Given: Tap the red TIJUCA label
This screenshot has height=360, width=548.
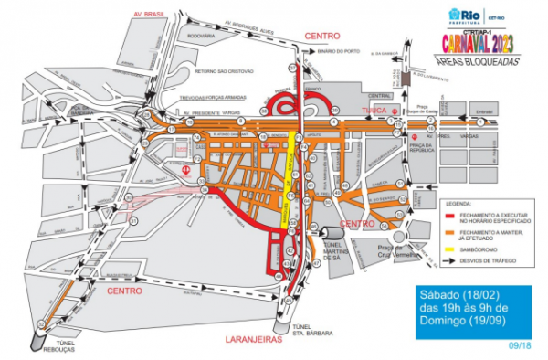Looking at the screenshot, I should (375, 109).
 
